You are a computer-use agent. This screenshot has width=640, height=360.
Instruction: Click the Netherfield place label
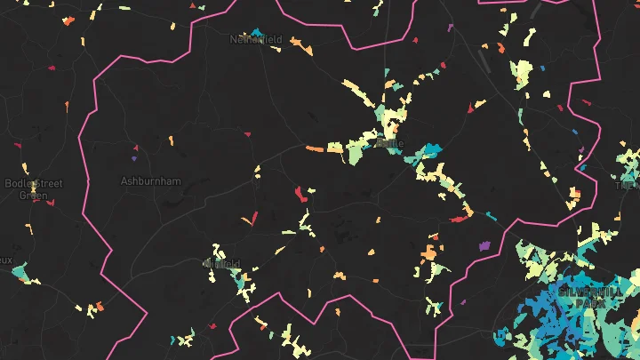click(x=256, y=40)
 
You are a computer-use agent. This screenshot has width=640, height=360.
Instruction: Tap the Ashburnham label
click(x=150, y=181)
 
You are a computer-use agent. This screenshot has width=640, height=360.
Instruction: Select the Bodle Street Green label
click(x=34, y=188)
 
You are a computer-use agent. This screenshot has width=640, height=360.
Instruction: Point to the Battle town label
click(x=391, y=143)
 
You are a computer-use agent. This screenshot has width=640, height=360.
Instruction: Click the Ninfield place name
click(x=223, y=264)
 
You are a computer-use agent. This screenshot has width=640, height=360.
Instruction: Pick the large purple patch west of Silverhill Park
click(x=484, y=244)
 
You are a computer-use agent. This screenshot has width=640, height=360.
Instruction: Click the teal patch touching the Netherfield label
click(x=257, y=34)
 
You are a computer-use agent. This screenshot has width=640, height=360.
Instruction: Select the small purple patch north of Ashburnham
click(x=134, y=158)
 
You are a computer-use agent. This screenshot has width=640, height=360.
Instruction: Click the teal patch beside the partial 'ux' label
click(x=20, y=272)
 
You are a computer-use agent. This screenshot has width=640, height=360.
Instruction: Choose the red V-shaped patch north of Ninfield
click(x=254, y=216)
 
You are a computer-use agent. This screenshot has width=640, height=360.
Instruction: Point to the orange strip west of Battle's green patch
click(x=315, y=148)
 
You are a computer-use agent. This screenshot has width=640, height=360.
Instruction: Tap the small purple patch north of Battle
click(x=451, y=28)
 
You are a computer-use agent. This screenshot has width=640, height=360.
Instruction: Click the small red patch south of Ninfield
click(x=212, y=326)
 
